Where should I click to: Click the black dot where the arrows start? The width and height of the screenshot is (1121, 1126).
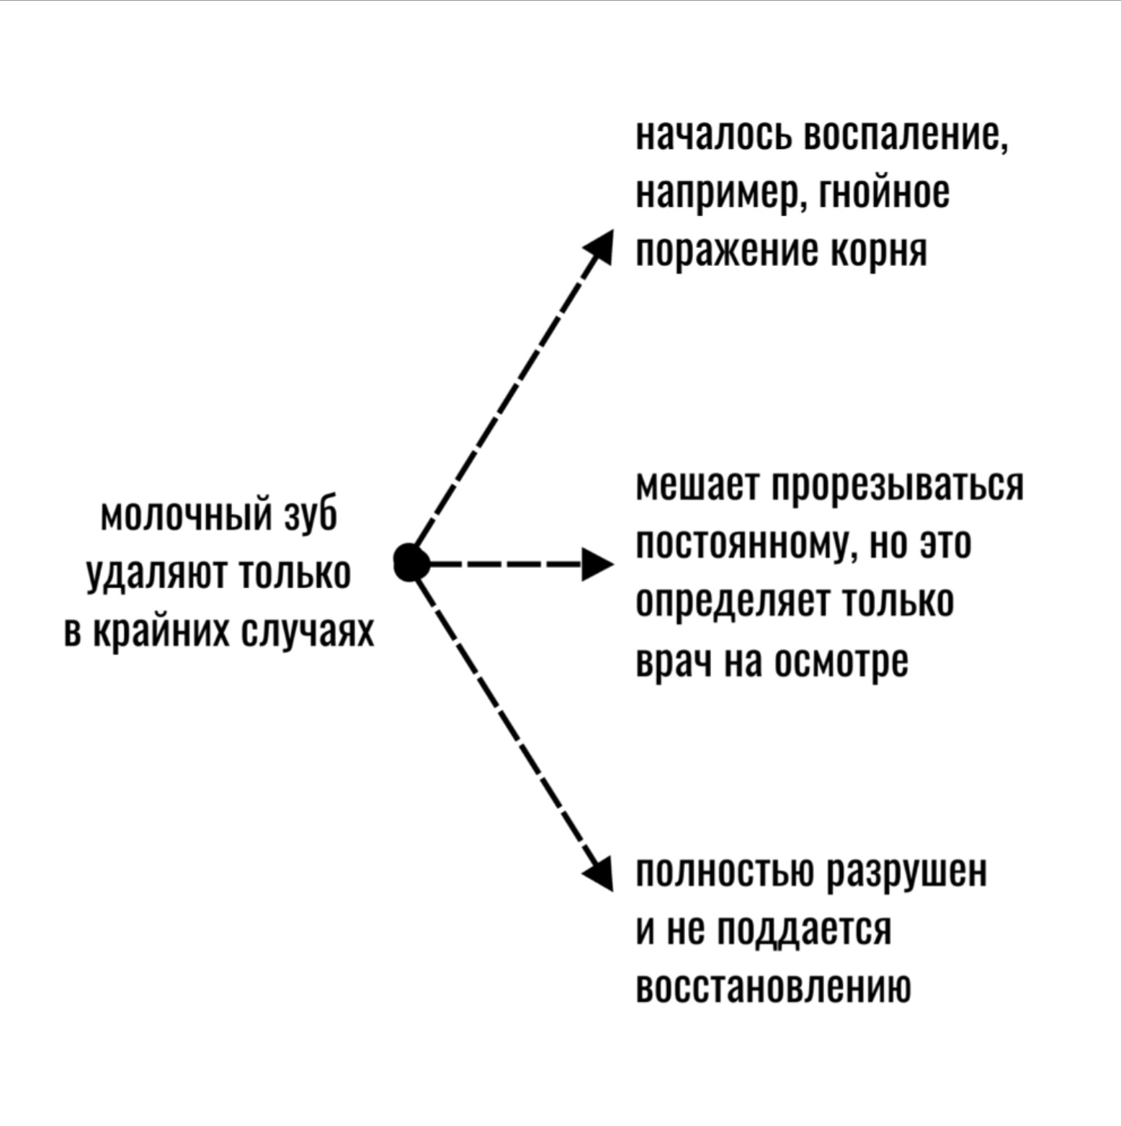point(411,562)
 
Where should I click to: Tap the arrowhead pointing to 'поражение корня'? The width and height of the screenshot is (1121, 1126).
point(599,247)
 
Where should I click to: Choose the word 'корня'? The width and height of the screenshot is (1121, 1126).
point(879,252)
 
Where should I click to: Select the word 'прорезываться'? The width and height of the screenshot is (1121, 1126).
point(898,488)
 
